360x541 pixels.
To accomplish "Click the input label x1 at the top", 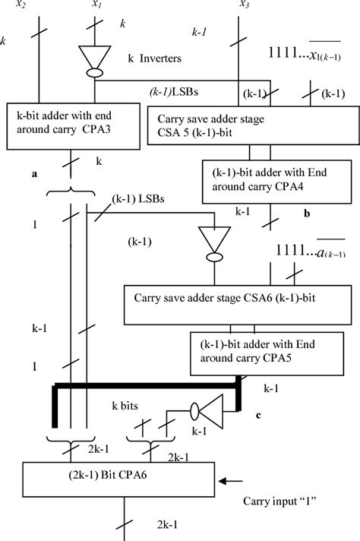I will coord(96,5).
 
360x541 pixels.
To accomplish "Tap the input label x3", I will coord(244,5).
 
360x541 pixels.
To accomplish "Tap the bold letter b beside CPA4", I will coord(307,214).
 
